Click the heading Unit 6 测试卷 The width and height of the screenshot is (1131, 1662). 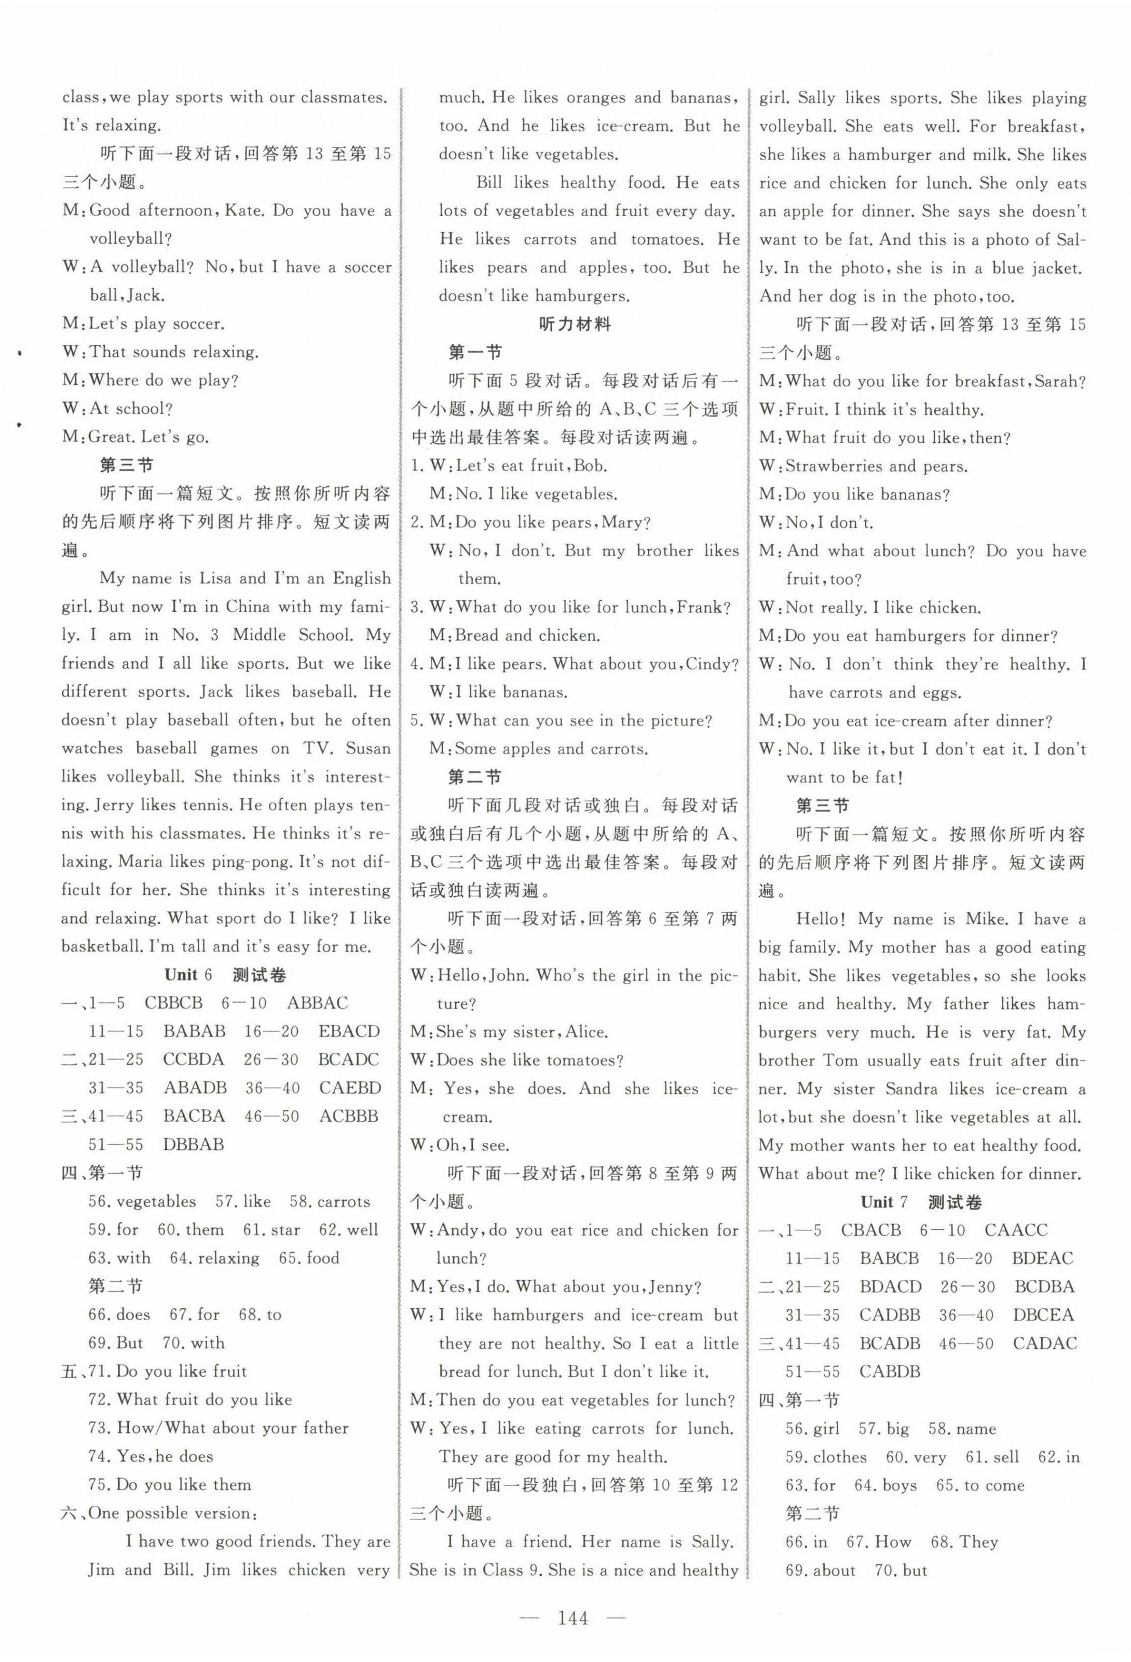(x=225, y=975)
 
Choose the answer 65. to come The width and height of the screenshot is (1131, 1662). (x=980, y=1485)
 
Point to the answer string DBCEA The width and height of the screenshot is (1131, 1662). (x=1043, y=1315)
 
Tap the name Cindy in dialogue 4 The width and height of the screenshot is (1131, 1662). (x=711, y=664)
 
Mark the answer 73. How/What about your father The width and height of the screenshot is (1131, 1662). (x=219, y=1427)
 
